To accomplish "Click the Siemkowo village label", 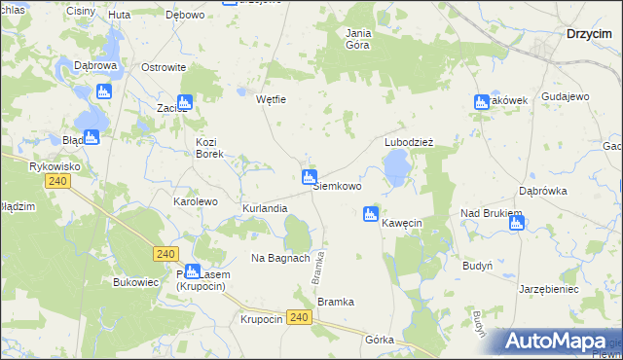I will tap(337, 186).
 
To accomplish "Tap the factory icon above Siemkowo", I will tap(309, 176).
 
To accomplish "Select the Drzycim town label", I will tap(589, 33).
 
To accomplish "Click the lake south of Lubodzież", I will tap(395, 171).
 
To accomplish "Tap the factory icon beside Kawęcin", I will tap(370, 214).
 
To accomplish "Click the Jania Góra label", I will tap(359, 38).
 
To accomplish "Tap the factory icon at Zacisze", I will tap(185, 101).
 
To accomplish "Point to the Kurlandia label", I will tap(265, 209).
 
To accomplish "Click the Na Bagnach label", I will tap(280, 258).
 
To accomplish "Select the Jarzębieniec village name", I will tap(549, 289).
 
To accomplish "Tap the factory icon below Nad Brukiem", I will tap(516, 223).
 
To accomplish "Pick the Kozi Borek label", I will tap(210, 147).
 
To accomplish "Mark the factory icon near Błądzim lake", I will tap(91, 137).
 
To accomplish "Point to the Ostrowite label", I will tap(164, 67).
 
